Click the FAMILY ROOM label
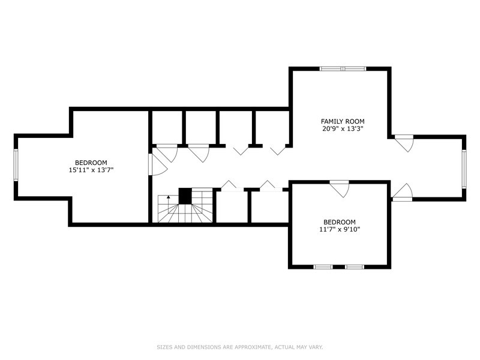343,122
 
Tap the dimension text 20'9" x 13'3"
343,129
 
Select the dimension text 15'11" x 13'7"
91,170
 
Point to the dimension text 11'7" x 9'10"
340,229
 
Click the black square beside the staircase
185,196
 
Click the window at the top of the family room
343,68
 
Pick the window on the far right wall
464,169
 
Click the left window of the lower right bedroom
323,266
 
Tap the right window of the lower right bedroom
355,266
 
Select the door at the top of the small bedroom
340,188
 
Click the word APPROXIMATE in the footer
252,347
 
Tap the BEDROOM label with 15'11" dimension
91,163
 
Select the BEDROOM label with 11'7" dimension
340,222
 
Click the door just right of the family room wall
404,143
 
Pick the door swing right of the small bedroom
402,192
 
